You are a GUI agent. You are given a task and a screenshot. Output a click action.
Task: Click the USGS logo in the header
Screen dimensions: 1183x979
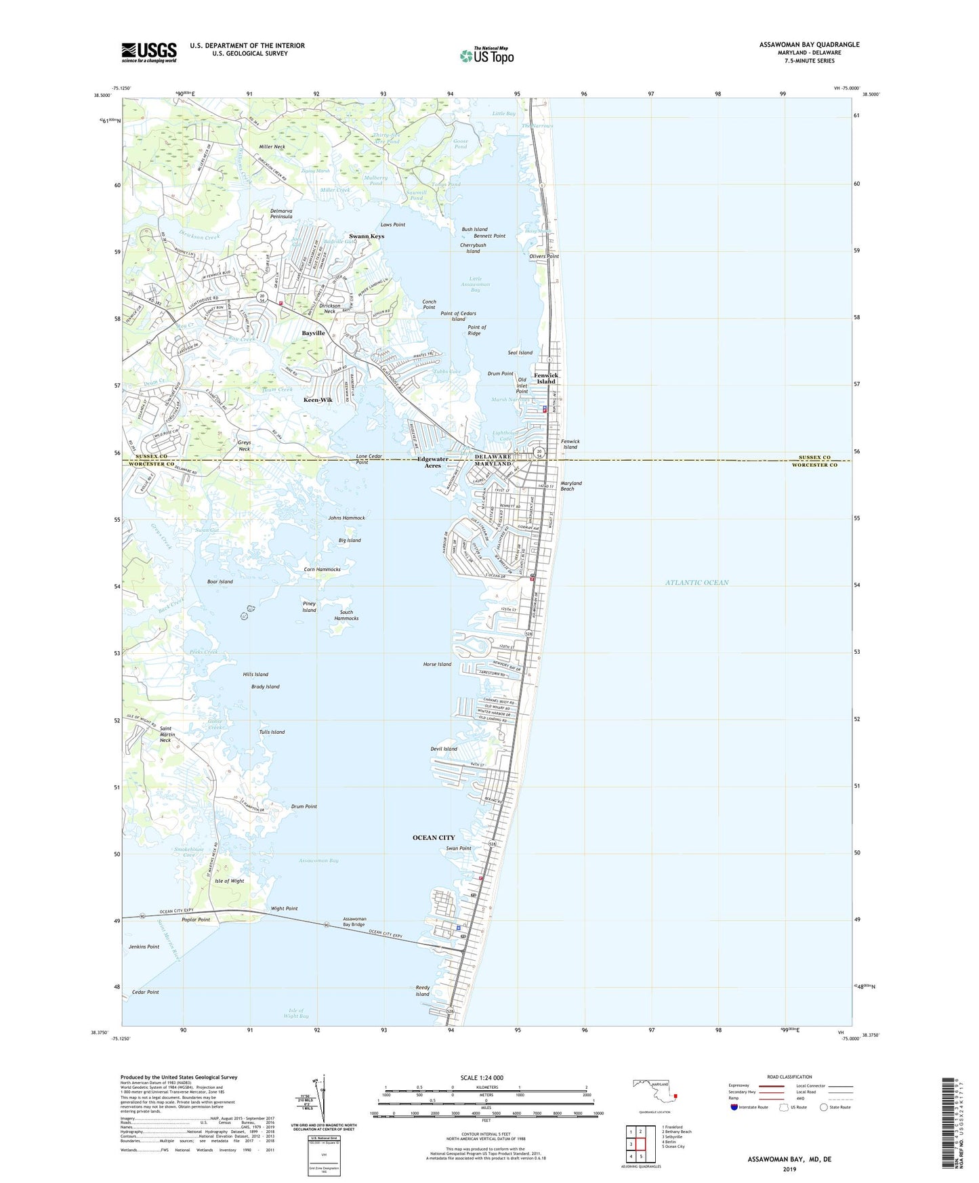tap(149, 51)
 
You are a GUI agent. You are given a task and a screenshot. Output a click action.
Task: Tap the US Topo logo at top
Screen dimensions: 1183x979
tap(487, 56)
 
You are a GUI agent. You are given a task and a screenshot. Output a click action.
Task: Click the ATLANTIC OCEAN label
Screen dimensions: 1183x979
tap(696, 583)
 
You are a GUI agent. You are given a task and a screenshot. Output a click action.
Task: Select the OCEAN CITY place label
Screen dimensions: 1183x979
tap(434, 838)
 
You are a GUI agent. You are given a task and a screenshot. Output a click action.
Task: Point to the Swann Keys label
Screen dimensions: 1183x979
tap(367, 236)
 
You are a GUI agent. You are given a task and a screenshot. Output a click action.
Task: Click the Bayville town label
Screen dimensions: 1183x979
tap(314, 333)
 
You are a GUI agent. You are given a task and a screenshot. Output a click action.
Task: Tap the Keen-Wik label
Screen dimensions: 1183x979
tap(318, 400)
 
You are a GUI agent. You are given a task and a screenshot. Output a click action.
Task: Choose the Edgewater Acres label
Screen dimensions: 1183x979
tap(432, 463)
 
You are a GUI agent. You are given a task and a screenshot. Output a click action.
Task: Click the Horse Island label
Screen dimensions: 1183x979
tap(437, 665)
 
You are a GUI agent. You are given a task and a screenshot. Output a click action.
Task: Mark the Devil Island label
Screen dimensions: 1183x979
tap(444, 749)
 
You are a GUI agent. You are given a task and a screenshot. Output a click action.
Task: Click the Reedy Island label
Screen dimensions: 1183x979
tap(423, 991)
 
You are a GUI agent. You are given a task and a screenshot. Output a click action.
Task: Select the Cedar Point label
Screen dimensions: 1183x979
tap(145, 992)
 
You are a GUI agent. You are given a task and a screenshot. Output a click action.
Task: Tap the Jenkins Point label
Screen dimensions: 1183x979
tap(144, 947)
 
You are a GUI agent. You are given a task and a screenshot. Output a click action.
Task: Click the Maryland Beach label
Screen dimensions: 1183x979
tap(571, 486)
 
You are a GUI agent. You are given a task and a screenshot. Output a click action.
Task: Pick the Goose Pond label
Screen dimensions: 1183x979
tap(461, 144)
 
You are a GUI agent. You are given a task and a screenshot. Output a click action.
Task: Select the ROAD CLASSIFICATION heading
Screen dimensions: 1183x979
tap(789, 1077)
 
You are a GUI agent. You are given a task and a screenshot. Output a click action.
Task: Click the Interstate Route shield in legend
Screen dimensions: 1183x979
tap(734, 1107)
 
